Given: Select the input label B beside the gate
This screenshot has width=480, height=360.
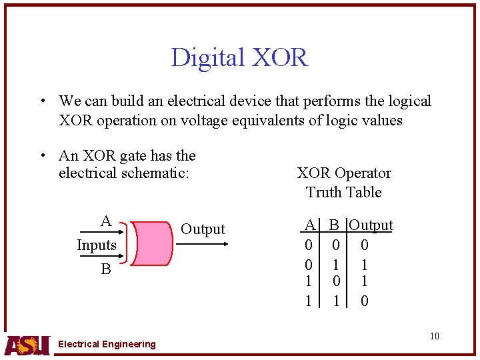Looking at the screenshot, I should pos(105,269).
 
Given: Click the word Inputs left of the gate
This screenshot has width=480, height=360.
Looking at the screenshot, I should pos(97,245).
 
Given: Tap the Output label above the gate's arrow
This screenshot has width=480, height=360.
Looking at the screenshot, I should pos(203,229).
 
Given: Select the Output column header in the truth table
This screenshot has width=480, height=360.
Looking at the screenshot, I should pos(371,225).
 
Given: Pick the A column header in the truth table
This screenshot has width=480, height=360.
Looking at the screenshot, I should pos(309,225).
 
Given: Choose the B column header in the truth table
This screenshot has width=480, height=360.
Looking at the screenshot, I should pos(335,225).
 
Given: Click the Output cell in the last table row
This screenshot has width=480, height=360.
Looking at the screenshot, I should pos(365,301).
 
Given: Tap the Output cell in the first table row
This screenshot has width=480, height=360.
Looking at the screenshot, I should pos(365,245).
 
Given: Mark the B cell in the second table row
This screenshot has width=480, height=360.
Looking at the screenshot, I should pos(337,265).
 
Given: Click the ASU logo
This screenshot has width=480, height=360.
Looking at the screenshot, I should pos(27,344).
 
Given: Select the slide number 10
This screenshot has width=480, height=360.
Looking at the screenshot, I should pos(435,336).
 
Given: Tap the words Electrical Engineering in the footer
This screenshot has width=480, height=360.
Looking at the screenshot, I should pos(107,344).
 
